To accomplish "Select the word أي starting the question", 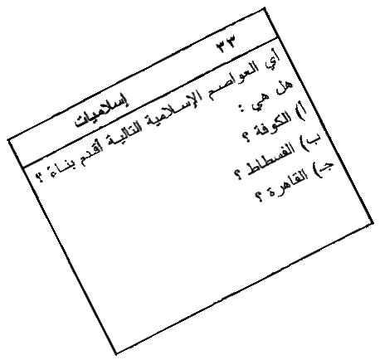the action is (x=273, y=59).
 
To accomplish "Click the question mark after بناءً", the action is (x=41, y=177).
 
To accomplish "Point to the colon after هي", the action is (x=244, y=109).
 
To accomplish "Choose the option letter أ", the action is (x=302, y=112).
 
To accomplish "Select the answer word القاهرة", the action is (x=285, y=186).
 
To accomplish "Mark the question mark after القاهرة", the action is (x=259, y=197).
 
